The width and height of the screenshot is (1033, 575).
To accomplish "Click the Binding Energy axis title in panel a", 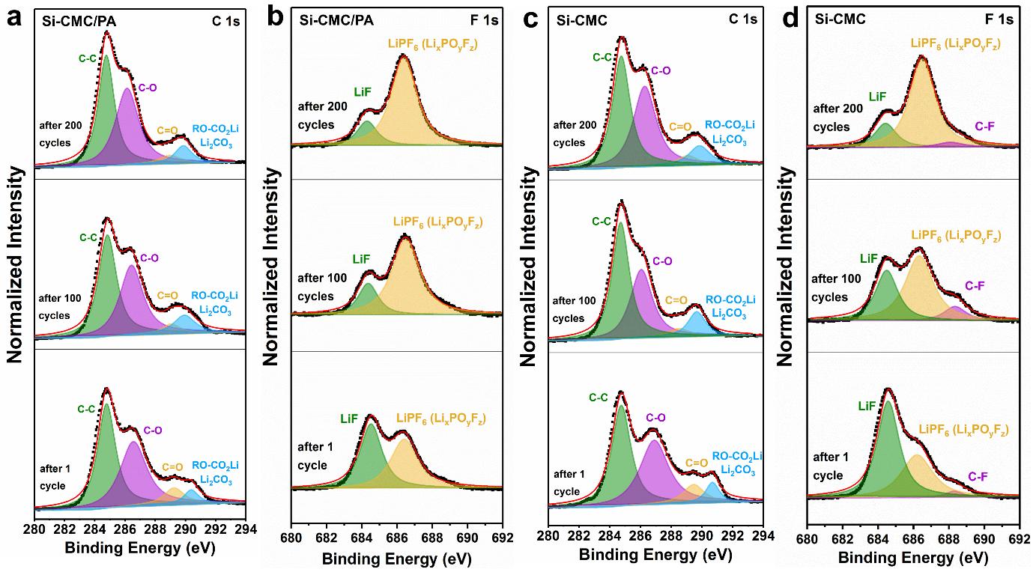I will (x=140, y=549).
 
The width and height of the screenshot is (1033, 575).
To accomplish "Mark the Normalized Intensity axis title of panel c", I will (x=529, y=267).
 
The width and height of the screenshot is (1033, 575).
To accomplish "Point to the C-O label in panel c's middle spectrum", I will (x=662, y=261).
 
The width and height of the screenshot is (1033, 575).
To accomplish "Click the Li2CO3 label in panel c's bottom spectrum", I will (x=737, y=471).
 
